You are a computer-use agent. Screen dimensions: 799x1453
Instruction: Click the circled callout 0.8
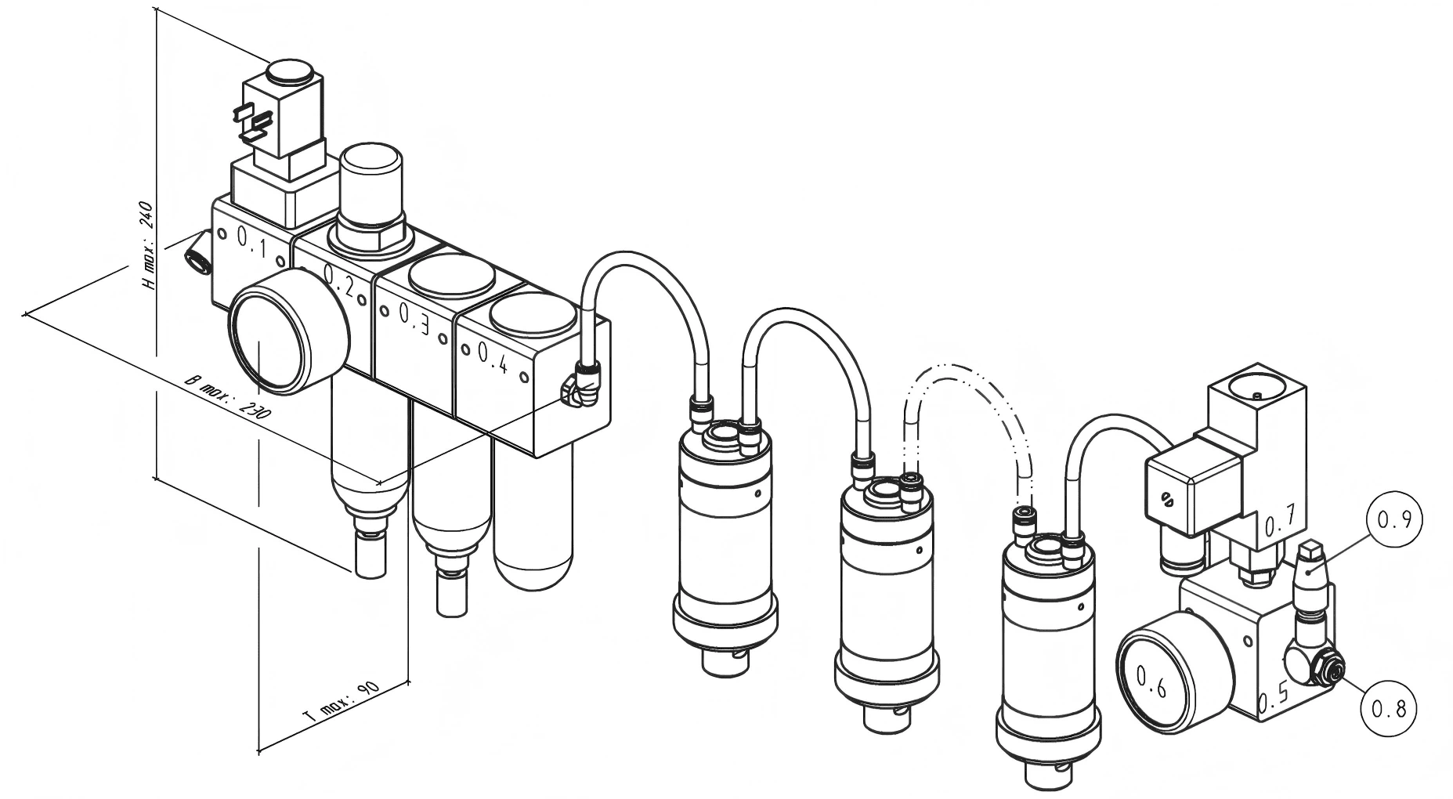point(1388,709)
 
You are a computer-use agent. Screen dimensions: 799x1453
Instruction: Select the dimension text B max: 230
point(225,397)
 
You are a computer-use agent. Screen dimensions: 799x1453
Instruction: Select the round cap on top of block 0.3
point(453,279)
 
